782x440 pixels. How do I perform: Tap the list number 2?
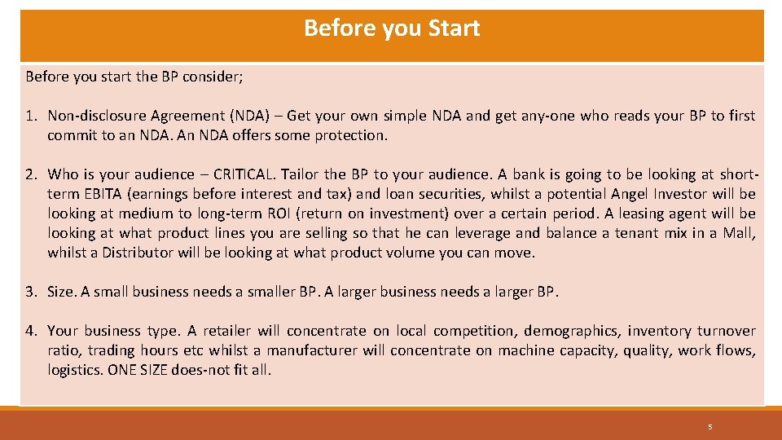coord(30,174)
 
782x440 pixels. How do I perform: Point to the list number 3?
coord(30,292)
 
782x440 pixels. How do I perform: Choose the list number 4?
coord(30,331)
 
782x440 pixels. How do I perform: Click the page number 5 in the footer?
coord(710,427)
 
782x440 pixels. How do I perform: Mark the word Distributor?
coord(138,253)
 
